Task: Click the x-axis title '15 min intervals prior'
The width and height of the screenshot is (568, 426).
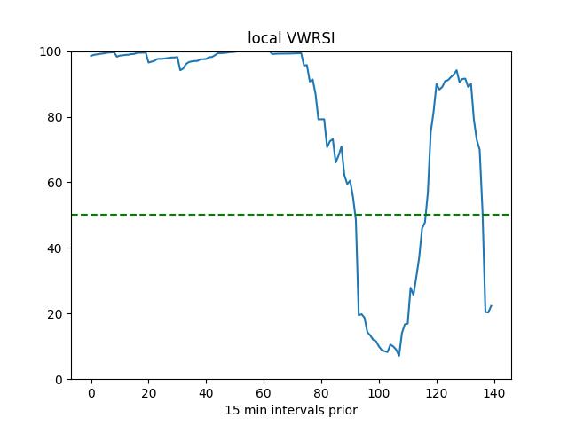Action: pos(291,410)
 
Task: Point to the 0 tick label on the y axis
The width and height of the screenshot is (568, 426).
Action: pos(59,380)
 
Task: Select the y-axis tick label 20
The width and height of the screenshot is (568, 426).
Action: pos(55,314)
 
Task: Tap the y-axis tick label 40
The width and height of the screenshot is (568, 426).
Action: pos(55,248)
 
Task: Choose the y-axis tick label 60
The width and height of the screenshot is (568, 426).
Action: pos(55,183)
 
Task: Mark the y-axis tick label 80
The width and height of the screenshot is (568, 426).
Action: pos(55,117)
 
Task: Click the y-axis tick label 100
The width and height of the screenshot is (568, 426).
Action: pos(52,51)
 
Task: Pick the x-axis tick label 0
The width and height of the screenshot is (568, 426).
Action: pos(91,393)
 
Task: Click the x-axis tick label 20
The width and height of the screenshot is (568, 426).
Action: pos(149,393)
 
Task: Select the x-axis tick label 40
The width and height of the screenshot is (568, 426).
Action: pos(207,393)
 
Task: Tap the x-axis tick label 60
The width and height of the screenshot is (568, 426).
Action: pos(264,393)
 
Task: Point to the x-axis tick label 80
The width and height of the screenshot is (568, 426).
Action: pos(321,393)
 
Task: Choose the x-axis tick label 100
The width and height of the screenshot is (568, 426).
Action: pos(379,393)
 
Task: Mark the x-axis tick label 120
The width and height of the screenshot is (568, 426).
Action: pos(437,393)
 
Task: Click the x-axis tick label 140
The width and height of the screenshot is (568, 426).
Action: pos(494,393)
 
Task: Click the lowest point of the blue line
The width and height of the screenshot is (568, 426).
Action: pos(399,356)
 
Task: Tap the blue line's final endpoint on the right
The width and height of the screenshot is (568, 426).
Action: pos(491,306)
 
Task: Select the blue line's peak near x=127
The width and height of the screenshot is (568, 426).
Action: pos(457,70)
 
